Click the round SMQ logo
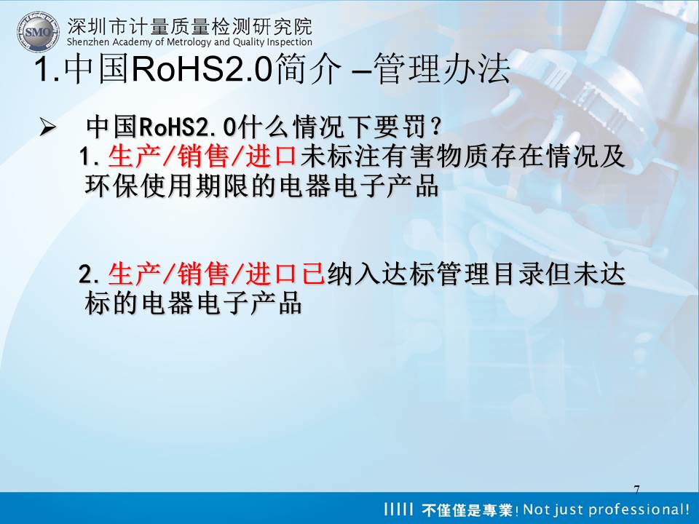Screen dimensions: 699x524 38,31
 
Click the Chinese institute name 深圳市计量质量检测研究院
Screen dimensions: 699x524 189,26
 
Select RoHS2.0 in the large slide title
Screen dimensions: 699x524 202,68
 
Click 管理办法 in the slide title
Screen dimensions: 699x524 442,69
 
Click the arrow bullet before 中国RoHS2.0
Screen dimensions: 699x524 47,127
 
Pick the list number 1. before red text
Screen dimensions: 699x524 90,157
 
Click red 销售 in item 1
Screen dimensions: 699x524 203,156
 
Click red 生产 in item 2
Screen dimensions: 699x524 134,274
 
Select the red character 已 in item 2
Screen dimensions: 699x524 313,274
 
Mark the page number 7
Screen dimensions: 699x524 636,489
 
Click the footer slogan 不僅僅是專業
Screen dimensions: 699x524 467,509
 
